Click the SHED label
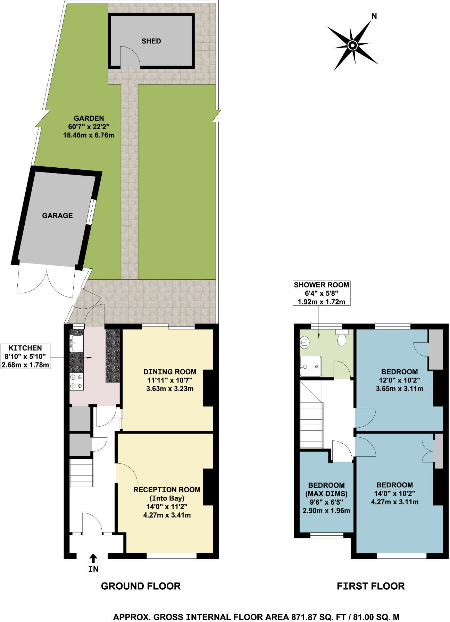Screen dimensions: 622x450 pos(151,41)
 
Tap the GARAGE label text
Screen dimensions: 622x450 pos(57,216)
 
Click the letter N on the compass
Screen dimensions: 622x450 pos(374,16)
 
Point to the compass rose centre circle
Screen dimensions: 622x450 pos(352,45)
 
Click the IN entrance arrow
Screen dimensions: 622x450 pos(93,558)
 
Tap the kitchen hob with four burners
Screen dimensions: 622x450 pos(76,381)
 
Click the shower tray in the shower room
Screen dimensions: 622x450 pos(310,367)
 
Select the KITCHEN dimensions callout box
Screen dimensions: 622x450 pos(25,356)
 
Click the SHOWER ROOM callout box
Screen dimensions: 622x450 pos(321,293)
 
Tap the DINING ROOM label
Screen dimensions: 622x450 pos(170,372)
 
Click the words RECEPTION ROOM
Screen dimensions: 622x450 pos(167,490)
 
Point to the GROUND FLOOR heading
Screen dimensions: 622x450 pos(141,586)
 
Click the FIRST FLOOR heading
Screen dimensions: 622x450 pos(370,586)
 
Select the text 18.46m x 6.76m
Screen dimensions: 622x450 pos(89,135)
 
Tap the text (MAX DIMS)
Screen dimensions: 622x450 pos(326,494)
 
